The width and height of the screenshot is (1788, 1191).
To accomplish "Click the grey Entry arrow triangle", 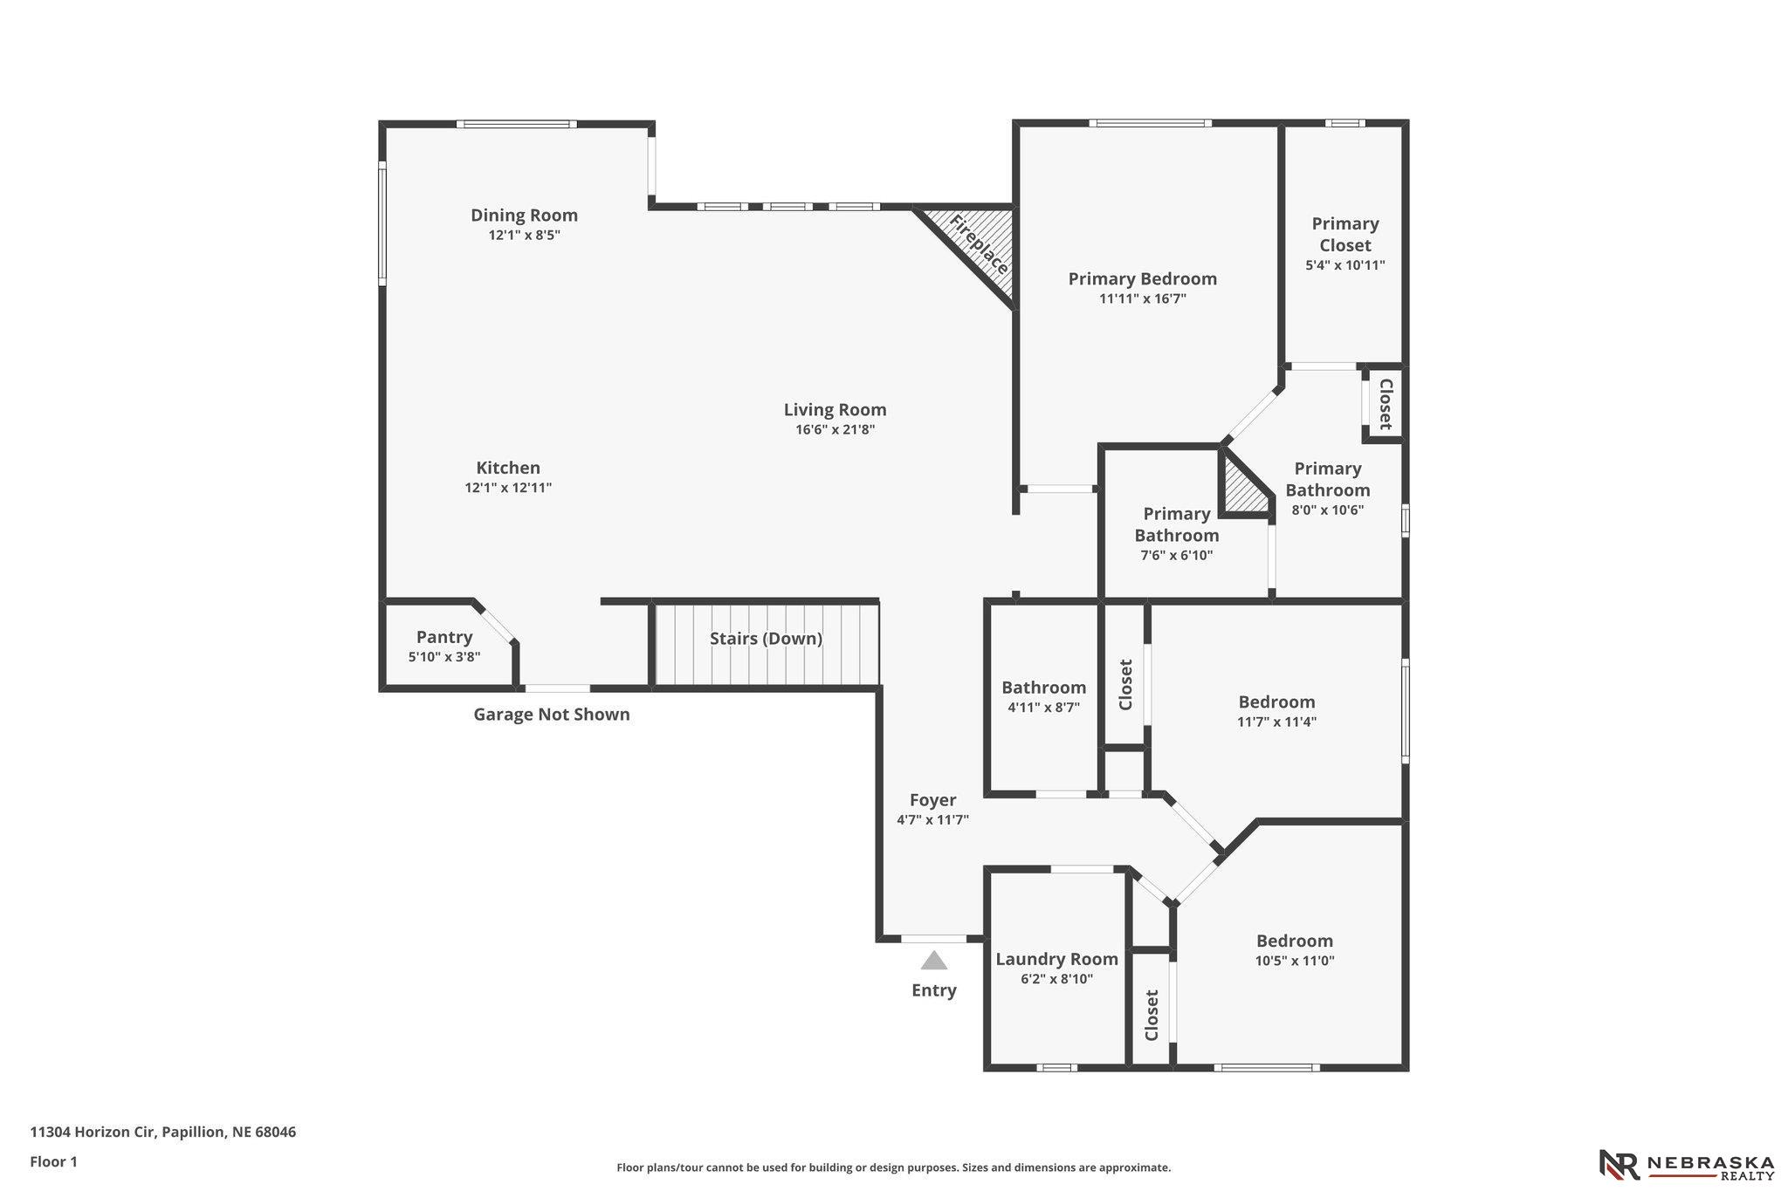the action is pos(934,961).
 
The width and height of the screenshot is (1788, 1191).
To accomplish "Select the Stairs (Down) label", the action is pos(766,639).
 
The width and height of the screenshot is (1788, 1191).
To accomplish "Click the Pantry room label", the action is pos(444,637).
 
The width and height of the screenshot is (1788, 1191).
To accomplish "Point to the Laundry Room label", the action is pos(1056,960).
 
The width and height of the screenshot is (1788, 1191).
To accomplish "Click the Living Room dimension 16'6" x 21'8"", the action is pos(835,430).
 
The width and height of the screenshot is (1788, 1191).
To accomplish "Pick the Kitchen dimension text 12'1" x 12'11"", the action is pos(508,489).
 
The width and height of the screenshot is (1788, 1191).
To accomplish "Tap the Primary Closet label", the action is pos(1345,235).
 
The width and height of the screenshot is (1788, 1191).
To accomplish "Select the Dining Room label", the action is pos(524,216).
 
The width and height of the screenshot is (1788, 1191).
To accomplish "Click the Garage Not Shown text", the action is pos(552,715).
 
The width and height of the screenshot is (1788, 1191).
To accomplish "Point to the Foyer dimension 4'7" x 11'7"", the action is pos(932,820).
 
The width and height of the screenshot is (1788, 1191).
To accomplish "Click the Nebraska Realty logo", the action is pos(1685,1164).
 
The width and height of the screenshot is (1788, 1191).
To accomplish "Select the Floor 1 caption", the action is pos(54,1162).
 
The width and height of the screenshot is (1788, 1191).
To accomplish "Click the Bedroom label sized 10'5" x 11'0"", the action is pos(1295,941).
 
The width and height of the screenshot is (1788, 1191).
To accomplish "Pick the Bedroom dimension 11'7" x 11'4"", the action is pos(1276,722).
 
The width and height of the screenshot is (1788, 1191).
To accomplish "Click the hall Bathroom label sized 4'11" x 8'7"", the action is pos(1043,688).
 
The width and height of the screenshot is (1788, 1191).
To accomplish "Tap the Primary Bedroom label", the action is pos(1142,279).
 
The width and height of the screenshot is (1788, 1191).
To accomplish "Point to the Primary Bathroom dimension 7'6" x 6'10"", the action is pos(1176,556).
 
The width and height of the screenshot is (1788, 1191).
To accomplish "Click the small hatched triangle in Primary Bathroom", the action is pos(1241,489).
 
